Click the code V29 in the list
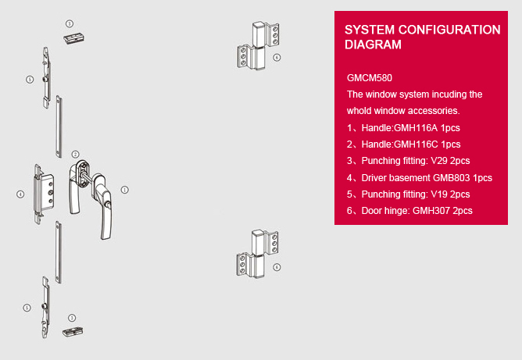(x=440, y=161)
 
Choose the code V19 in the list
(x=440, y=194)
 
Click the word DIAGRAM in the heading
(x=373, y=45)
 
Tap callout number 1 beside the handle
(x=124, y=189)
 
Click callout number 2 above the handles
(x=75, y=155)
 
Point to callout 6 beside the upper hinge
(x=277, y=58)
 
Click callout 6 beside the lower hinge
(x=277, y=267)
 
